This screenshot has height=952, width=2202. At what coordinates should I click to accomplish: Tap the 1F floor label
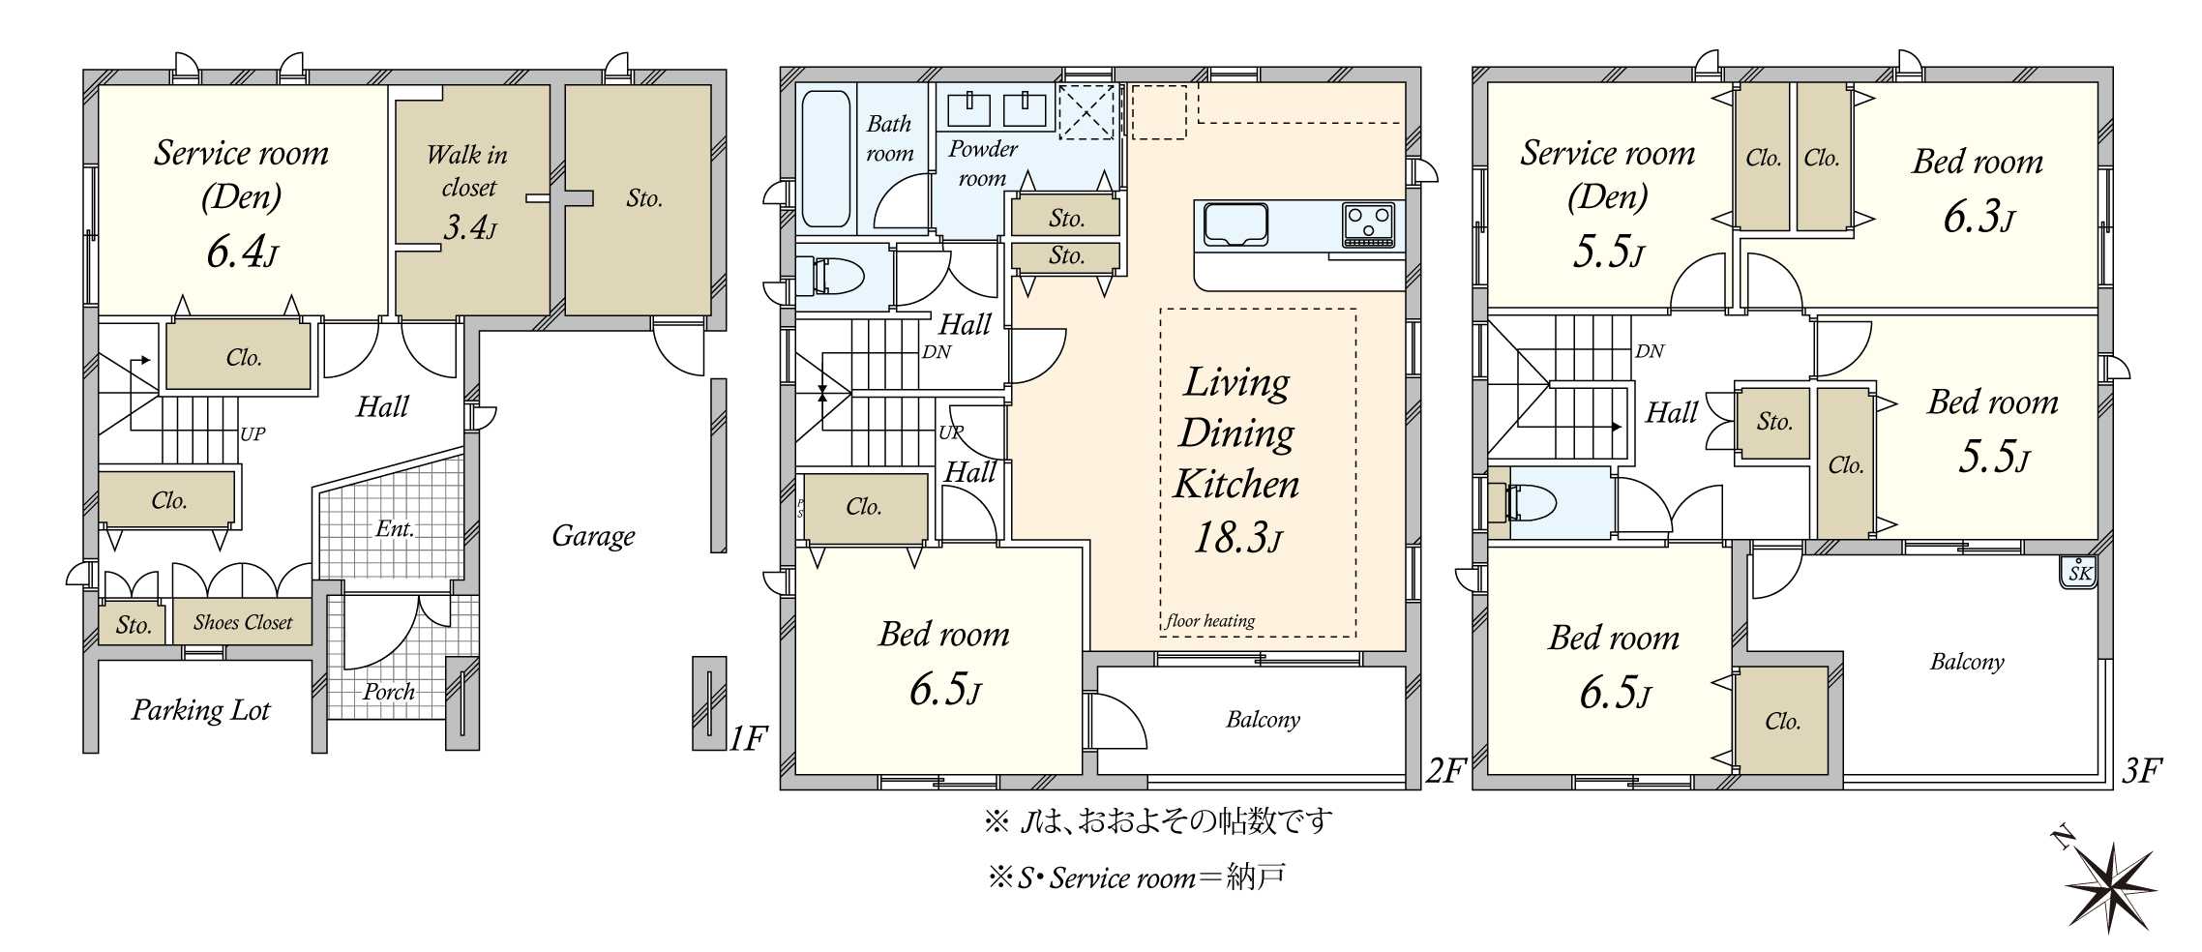tap(748, 739)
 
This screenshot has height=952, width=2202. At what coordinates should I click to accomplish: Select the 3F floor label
tap(2142, 771)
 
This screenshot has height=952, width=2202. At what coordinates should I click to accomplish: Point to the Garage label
tap(593, 536)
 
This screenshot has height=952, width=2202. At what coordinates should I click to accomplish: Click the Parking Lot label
tap(200, 710)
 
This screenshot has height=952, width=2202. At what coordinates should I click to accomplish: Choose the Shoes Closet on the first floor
tap(242, 622)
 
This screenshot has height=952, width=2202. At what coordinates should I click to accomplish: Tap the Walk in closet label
tap(467, 170)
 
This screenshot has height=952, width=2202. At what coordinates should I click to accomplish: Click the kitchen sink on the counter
tap(1235, 225)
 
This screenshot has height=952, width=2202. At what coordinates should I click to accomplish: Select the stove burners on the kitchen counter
tap(1368, 225)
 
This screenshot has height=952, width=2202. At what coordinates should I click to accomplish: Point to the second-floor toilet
tap(833, 276)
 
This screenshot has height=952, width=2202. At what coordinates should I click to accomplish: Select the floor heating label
tap(1210, 621)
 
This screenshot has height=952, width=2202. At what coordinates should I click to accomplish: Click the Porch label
tap(389, 693)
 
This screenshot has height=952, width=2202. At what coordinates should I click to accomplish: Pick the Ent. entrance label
tap(395, 528)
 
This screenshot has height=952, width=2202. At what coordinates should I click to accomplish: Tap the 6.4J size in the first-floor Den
tap(242, 253)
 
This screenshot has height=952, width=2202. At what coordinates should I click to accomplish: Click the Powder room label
tap(982, 164)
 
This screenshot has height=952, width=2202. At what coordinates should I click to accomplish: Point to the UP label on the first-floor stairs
tap(253, 434)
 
